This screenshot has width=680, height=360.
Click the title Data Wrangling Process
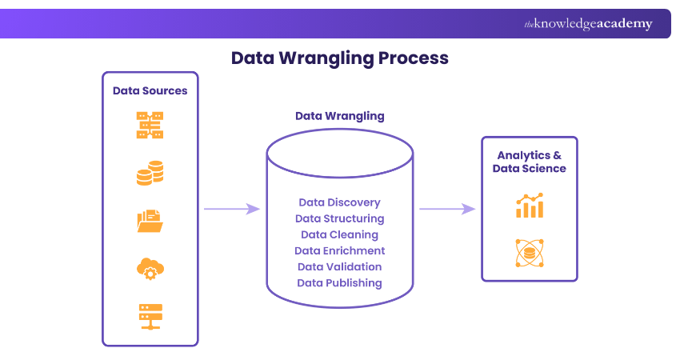(x=339, y=58)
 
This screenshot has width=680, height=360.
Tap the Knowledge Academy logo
(x=588, y=24)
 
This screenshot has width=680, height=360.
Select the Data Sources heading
(x=150, y=90)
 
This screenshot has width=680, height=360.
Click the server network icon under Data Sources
(x=150, y=126)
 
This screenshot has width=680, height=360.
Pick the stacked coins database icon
(x=150, y=173)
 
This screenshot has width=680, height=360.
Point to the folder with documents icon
(x=150, y=220)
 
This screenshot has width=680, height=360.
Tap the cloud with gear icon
(x=150, y=269)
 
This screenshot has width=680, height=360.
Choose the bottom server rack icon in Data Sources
(x=150, y=316)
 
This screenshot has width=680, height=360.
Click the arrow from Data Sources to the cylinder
(x=231, y=209)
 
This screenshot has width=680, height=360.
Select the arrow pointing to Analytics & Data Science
(x=446, y=209)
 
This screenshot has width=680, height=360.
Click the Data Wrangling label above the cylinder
(x=339, y=116)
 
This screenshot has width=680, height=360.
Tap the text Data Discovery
(x=339, y=202)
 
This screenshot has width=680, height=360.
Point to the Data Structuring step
(x=339, y=218)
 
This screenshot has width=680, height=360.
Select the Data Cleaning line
(x=339, y=234)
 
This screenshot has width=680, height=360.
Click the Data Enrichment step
(x=339, y=250)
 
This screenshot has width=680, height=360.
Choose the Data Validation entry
(x=339, y=266)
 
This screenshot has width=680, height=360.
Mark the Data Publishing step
(x=339, y=282)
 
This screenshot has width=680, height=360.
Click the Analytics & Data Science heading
(x=529, y=162)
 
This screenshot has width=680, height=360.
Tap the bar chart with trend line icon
(x=530, y=206)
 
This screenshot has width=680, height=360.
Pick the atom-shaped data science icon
(x=529, y=254)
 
